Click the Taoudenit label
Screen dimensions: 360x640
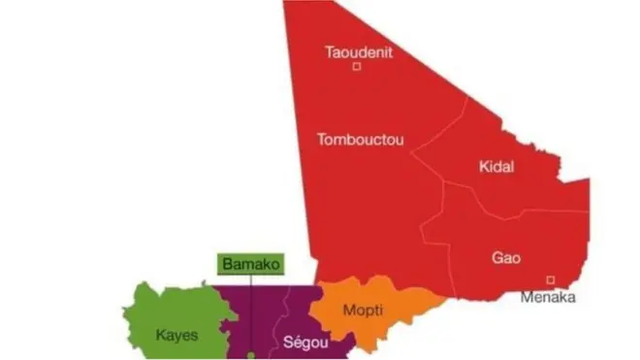tap(359, 51)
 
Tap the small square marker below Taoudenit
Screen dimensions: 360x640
tap(357, 67)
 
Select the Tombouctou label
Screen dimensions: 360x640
tap(360, 140)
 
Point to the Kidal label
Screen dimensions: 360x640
tap(496, 167)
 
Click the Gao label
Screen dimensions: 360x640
tap(506, 258)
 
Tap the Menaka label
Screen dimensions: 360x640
tap(548, 297)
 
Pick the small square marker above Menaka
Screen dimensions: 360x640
tap(550, 280)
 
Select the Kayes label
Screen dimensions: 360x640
tap(176, 336)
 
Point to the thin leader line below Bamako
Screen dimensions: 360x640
tap(251, 311)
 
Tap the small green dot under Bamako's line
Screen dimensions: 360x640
tap(251, 355)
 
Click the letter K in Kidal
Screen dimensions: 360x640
tap(483, 167)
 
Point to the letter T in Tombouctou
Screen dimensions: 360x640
tap(321, 140)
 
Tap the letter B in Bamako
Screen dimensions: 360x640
tap(227, 264)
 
